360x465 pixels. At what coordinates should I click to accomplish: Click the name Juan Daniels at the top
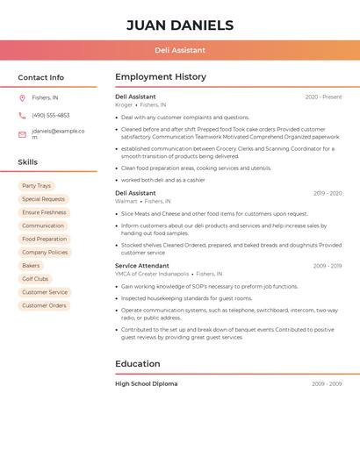180,25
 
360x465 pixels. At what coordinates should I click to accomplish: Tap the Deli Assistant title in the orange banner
180,50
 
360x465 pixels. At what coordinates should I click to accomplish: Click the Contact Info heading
40,77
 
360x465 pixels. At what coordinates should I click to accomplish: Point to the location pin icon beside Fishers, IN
22,97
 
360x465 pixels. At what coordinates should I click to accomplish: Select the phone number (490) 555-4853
51,115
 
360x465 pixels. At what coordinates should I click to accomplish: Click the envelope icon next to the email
22,133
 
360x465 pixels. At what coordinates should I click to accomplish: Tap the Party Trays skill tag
37,186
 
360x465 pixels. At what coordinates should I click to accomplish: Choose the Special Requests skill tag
43,199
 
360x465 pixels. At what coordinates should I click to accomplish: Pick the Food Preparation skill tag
44,239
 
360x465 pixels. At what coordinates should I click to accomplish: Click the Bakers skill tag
31,265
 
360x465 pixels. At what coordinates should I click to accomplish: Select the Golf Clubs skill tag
35,279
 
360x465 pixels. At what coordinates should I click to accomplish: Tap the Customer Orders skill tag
44,305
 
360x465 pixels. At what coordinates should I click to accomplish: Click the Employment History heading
160,77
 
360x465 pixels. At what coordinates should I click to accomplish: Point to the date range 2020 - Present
323,97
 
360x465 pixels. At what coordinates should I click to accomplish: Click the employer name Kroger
124,104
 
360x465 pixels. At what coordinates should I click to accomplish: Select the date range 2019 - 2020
328,193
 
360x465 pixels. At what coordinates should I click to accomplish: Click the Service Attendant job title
141,265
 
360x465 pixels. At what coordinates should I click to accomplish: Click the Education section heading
138,363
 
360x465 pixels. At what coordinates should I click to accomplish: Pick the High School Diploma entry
146,383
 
